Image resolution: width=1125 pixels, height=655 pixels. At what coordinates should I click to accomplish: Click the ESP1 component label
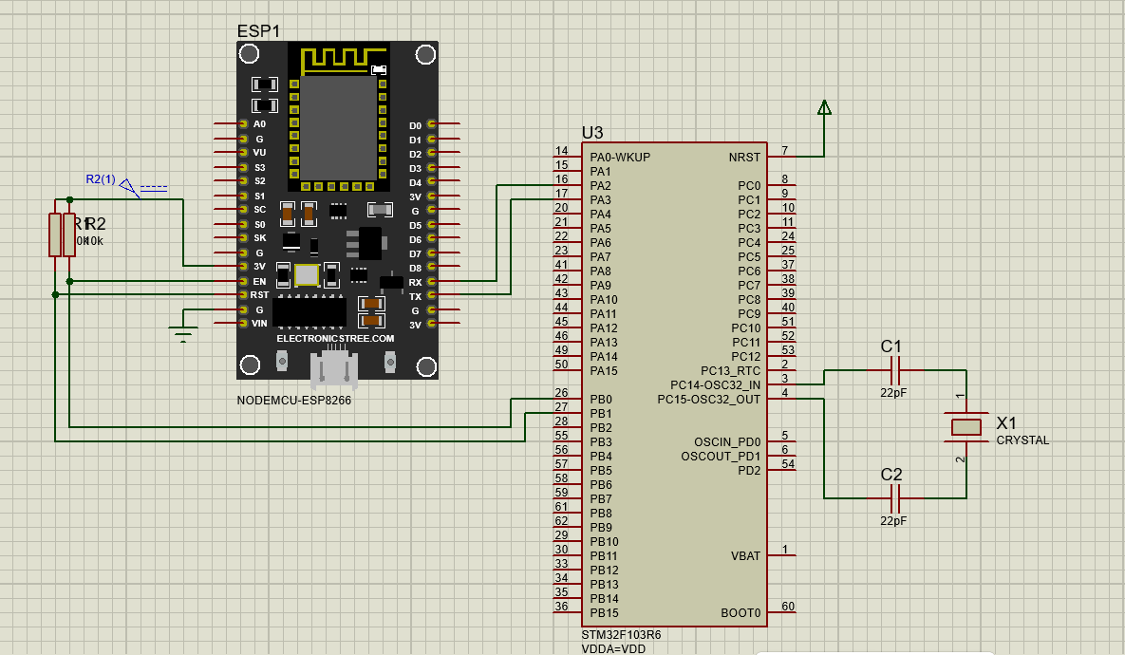click(x=258, y=30)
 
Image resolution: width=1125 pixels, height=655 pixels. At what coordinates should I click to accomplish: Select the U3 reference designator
click(x=592, y=133)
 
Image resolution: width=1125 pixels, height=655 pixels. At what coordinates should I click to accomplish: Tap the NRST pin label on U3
click(x=744, y=157)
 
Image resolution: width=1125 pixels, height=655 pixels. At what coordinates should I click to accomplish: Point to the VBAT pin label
click(x=745, y=555)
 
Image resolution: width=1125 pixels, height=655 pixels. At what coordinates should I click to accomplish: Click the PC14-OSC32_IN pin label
click(x=715, y=384)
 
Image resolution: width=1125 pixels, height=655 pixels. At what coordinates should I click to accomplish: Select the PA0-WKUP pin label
click(x=620, y=157)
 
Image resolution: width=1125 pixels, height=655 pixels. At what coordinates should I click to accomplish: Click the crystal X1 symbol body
click(x=966, y=427)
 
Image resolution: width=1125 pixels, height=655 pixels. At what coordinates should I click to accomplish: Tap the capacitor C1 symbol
click(x=892, y=370)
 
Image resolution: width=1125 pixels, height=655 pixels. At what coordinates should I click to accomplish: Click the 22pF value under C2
click(x=892, y=521)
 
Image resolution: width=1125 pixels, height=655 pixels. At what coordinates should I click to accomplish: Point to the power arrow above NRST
click(x=824, y=107)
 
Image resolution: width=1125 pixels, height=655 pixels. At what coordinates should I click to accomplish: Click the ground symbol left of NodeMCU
click(x=182, y=330)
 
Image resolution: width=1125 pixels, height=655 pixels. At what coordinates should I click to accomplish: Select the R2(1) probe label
click(x=101, y=179)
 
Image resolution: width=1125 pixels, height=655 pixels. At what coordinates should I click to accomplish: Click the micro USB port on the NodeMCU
click(x=336, y=365)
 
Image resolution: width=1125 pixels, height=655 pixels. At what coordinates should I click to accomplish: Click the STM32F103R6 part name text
click(x=621, y=634)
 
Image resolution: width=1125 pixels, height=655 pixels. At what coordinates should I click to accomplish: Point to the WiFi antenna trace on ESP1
click(x=337, y=59)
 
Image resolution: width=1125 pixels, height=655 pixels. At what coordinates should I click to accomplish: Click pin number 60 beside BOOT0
click(x=787, y=607)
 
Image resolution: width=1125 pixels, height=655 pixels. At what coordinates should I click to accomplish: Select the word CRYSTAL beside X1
click(x=1022, y=440)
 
